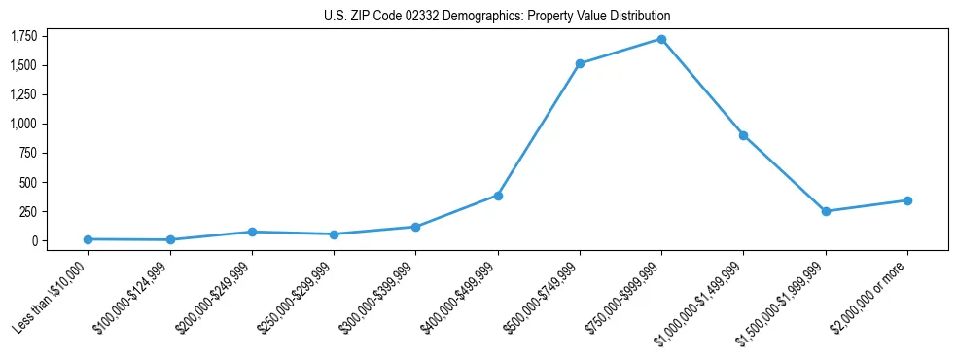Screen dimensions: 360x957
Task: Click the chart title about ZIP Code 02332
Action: click(497, 17)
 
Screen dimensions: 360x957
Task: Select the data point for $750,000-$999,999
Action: click(661, 40)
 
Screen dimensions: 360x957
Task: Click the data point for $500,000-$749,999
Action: click(580, 64)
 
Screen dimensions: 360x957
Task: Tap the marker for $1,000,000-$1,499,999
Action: click(743, 135)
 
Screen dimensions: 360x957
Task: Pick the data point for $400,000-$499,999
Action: click(498, 196)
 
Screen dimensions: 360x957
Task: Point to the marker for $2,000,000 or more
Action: click(907, 200)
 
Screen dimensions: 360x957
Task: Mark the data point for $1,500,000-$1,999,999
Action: click(826, 211)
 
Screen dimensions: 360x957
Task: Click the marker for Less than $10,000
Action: click(89, 239)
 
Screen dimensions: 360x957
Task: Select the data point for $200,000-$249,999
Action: click(252, 232)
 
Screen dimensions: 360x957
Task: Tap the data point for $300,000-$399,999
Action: click(416, 227)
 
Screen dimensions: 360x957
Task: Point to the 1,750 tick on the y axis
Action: click(23, 37)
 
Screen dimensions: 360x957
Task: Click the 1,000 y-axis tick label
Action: click(23, 125)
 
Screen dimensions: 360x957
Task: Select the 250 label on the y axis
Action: click(27, 212)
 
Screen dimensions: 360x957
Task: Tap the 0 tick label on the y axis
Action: click(34, 241)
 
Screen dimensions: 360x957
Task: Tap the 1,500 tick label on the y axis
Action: click(23, 66)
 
